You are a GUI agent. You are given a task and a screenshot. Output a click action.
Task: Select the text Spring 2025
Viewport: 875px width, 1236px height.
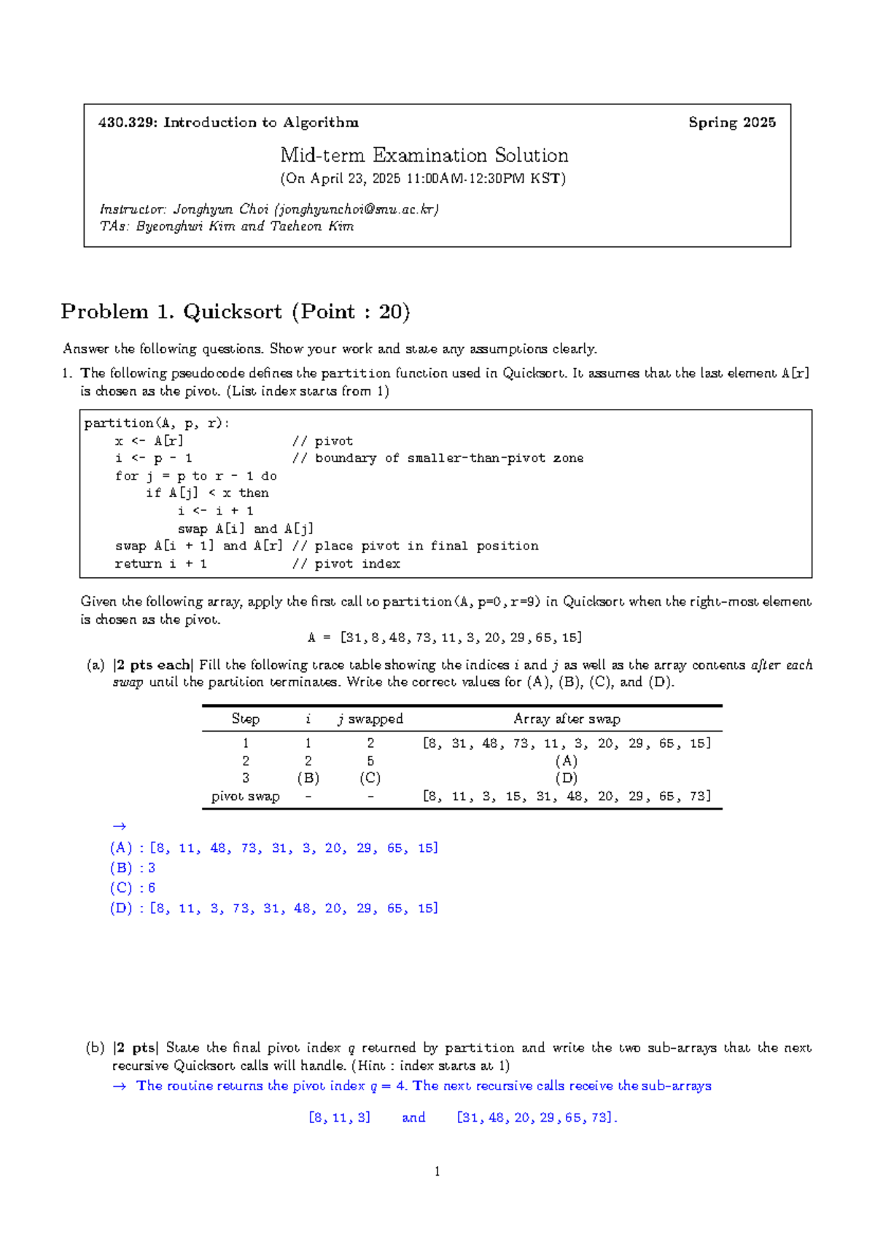click(731, 122)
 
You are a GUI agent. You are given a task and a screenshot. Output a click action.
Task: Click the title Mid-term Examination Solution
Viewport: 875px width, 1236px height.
click(424, 155)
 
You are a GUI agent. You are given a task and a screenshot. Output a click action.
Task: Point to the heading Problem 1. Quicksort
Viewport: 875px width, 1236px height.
click(235, 312)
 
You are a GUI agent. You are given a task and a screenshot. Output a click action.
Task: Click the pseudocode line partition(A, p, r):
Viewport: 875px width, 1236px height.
click(156, 423)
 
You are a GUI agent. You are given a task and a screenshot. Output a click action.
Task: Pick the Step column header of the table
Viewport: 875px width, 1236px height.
click(245, 719)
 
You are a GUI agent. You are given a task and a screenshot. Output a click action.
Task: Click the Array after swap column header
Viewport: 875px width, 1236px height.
click(567, 719)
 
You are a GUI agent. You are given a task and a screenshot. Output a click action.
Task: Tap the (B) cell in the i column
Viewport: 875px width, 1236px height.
click(308, 778)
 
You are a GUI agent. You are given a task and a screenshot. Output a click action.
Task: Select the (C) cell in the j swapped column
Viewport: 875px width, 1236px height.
click(370, 778)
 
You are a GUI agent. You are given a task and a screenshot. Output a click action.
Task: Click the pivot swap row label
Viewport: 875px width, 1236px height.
click(245, 797)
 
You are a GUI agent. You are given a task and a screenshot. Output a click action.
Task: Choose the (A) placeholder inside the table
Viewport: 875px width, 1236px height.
click(567, 761)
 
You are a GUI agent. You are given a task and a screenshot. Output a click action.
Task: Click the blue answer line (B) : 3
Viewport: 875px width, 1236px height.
click(133, 868)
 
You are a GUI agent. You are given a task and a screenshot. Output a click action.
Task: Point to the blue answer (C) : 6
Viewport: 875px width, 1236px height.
click(133, 888)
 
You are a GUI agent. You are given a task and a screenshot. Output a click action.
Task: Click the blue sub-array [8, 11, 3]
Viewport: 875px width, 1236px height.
click(340, 1118)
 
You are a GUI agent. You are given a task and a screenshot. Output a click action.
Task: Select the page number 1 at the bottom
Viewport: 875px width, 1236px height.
click(437, 1172)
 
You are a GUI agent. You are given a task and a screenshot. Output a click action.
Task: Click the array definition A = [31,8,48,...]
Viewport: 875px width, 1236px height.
click(445, 638)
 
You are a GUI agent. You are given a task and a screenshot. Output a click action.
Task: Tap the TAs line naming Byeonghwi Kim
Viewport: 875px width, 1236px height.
click(226, 227)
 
